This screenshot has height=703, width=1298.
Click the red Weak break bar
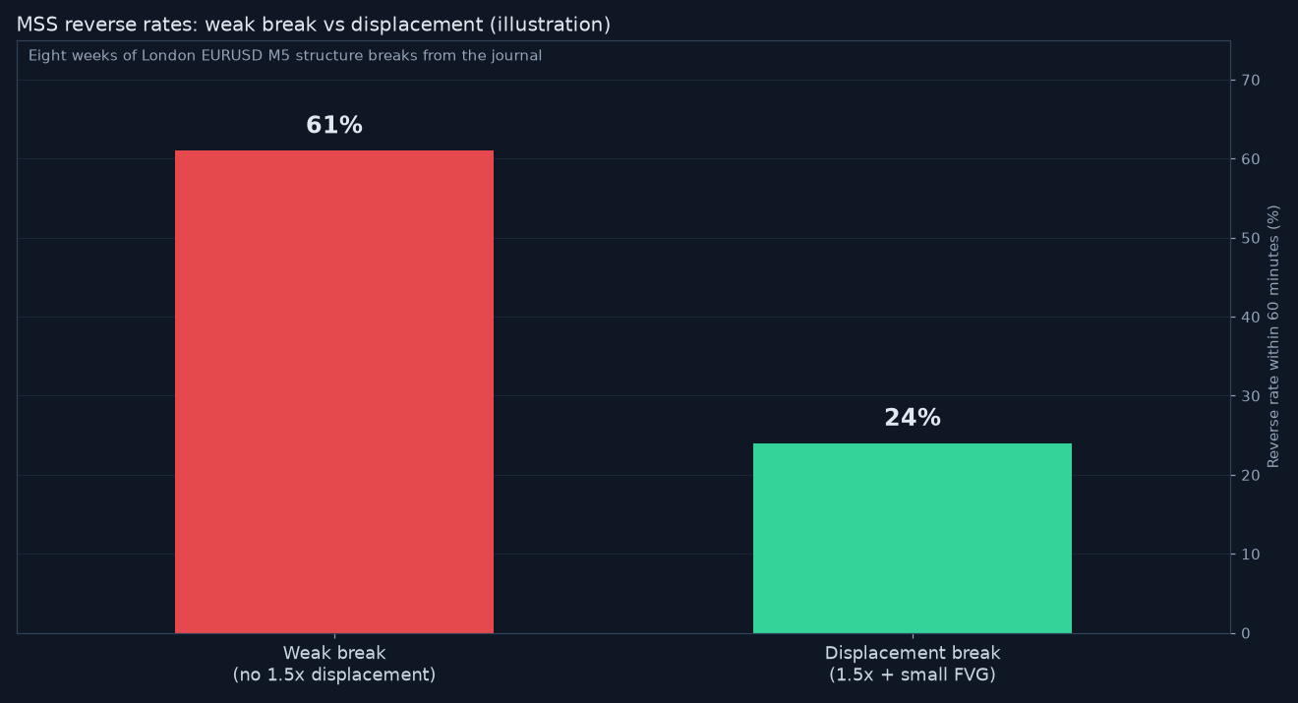pyautogui.click(x=333, y=391)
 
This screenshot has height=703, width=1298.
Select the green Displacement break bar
pyautogui.click(x=913, y=539)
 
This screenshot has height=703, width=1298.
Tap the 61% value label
pyautogui.click(x=334, y=125)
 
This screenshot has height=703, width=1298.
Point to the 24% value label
pyautogui.click(x=913, y=418)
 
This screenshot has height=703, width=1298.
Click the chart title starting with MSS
pyautogui.click(x=314, y=25)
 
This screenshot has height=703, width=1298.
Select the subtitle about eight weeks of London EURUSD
pyautogui.click(x=285, y=56)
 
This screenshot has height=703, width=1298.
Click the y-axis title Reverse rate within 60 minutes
pyautogui.click(x=1273, y=336)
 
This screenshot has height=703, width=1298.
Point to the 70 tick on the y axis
pyautogui.click(x=1251, y=80)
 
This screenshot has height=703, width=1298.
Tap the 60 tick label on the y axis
pyautogui.click(x=1251, y=159)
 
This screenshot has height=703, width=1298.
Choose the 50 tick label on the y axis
pyautogui.click(x=1251, y=238)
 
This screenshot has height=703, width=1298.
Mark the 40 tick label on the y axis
pyautogui.click(x=1251, y=317)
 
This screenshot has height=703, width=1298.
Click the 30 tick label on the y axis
pyautogui.click(x=1251, y=396)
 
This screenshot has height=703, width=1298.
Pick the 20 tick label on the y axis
pyautogui.click(x=1251, y=475)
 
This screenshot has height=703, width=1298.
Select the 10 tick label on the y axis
pyautogui.click(x=1251, y=555)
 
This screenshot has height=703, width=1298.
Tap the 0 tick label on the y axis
pyautogui.click(x=1246, y=633)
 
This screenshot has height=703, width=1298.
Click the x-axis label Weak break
pyautogui.click(x=334, y=653)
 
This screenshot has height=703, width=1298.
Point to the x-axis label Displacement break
pyautogui.click(x=913, y=653)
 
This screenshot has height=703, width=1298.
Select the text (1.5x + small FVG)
pyautogui.click(x=913, y=674)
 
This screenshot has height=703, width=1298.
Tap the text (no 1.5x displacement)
pyautogui.click(x=334, y=674)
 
